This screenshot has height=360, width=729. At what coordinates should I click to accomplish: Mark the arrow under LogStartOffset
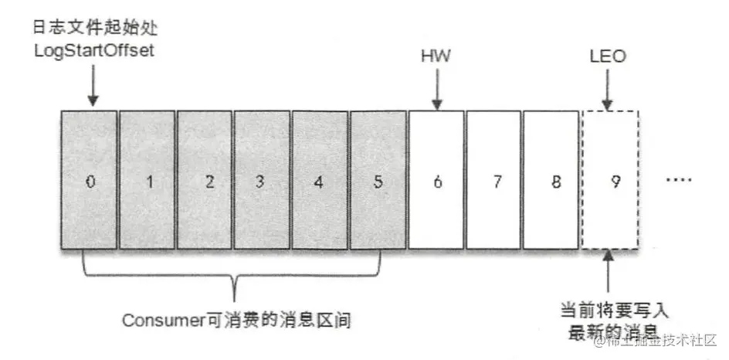click(92, 87)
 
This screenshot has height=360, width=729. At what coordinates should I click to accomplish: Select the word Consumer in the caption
click(158, 318)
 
